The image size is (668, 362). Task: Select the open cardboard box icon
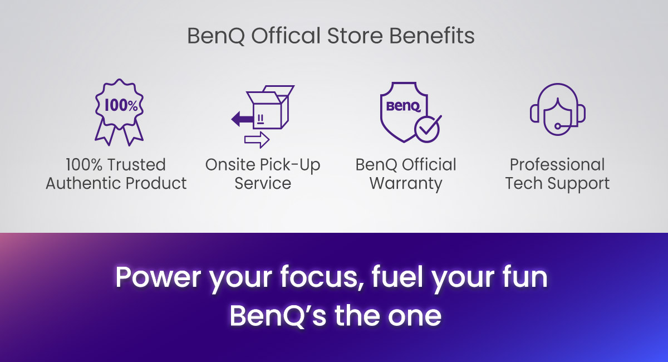point(271,109)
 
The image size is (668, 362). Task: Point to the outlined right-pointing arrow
point(257,140)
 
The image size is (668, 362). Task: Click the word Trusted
point(136,165)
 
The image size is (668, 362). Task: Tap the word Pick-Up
point(291,165)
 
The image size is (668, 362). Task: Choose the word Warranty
point(406,183)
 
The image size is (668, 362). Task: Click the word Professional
point(557,165)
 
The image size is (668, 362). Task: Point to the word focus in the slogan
point(317,277)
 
